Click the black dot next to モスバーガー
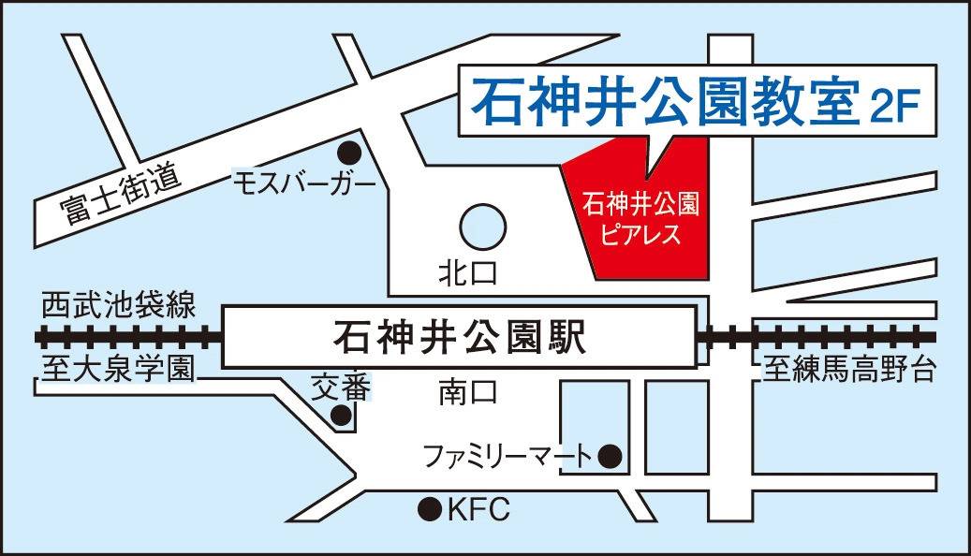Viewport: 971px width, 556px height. click(348, 150)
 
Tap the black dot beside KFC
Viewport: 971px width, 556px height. click(429, 509)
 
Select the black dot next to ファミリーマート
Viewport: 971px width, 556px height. click(610, 456)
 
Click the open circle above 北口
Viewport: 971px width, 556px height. click(483, 227)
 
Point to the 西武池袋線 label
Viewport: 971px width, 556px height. click(118, 305)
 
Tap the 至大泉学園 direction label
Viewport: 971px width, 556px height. click(117, 370)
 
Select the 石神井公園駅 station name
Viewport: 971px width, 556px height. click(459, 336)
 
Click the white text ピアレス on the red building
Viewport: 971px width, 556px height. click(641, 233)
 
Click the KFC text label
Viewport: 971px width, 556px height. click(478, 510)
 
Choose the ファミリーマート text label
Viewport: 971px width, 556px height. click(508, 457)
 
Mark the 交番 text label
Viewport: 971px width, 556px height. click(343, 386)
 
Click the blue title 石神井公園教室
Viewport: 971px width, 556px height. click(664, 104)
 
